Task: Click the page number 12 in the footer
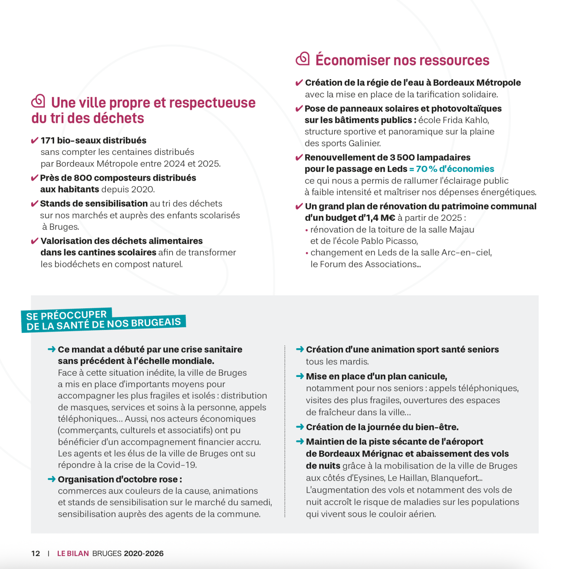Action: pos(35,554)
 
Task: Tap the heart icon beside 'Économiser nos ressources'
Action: pos(303,59)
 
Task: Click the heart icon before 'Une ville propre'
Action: pos(38,101)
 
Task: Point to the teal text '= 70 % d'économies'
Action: pos(452,169)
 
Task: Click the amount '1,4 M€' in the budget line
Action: pos(382,218)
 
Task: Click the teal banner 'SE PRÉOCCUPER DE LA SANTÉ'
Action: pos(104,321)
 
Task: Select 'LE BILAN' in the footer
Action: pos(73,554)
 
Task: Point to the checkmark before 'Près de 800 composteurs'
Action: pos(35,178)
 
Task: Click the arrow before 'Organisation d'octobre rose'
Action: pos(52,479)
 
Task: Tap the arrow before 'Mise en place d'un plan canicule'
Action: pos(300,376)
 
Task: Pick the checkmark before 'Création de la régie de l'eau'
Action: pos(299,83)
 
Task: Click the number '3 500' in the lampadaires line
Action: pos(402,158)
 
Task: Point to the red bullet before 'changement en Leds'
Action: pos(307,253)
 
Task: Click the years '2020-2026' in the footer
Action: pos(143,554)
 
